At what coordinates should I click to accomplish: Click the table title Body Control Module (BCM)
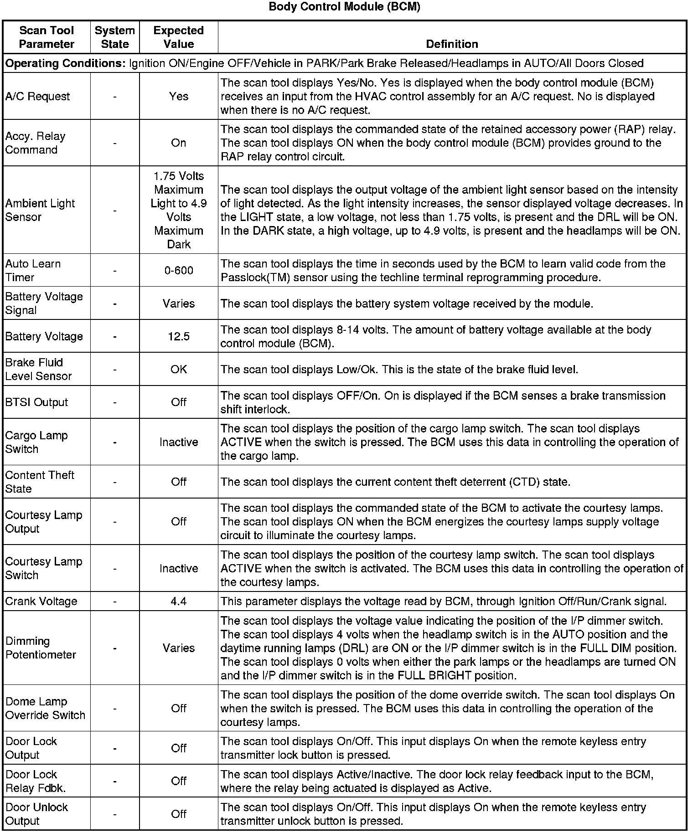(344, 7)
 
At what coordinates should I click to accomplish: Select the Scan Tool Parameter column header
(47, 37)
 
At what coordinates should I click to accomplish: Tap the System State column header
(115, 37)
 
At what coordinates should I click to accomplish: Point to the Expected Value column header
(178, 37)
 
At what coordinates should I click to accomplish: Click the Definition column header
(452, 44)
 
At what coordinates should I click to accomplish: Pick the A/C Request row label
(38, 97)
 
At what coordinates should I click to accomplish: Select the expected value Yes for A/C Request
(178, 97)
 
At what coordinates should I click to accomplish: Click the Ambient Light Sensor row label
(40, 210)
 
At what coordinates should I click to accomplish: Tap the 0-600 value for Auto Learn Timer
(178, 271)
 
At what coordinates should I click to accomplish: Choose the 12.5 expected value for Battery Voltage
(178, 337)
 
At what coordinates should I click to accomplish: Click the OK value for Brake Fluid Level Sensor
(178, 369)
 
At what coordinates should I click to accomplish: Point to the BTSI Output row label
(36, 402)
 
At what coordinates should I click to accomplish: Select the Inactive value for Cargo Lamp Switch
(178, 442)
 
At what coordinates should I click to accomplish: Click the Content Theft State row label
(40, 482)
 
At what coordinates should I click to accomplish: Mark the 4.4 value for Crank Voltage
(178, 602)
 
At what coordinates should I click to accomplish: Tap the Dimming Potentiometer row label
(41, 648)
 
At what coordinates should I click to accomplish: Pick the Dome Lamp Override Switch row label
(45, 709)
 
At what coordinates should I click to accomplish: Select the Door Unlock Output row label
(36, 814)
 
